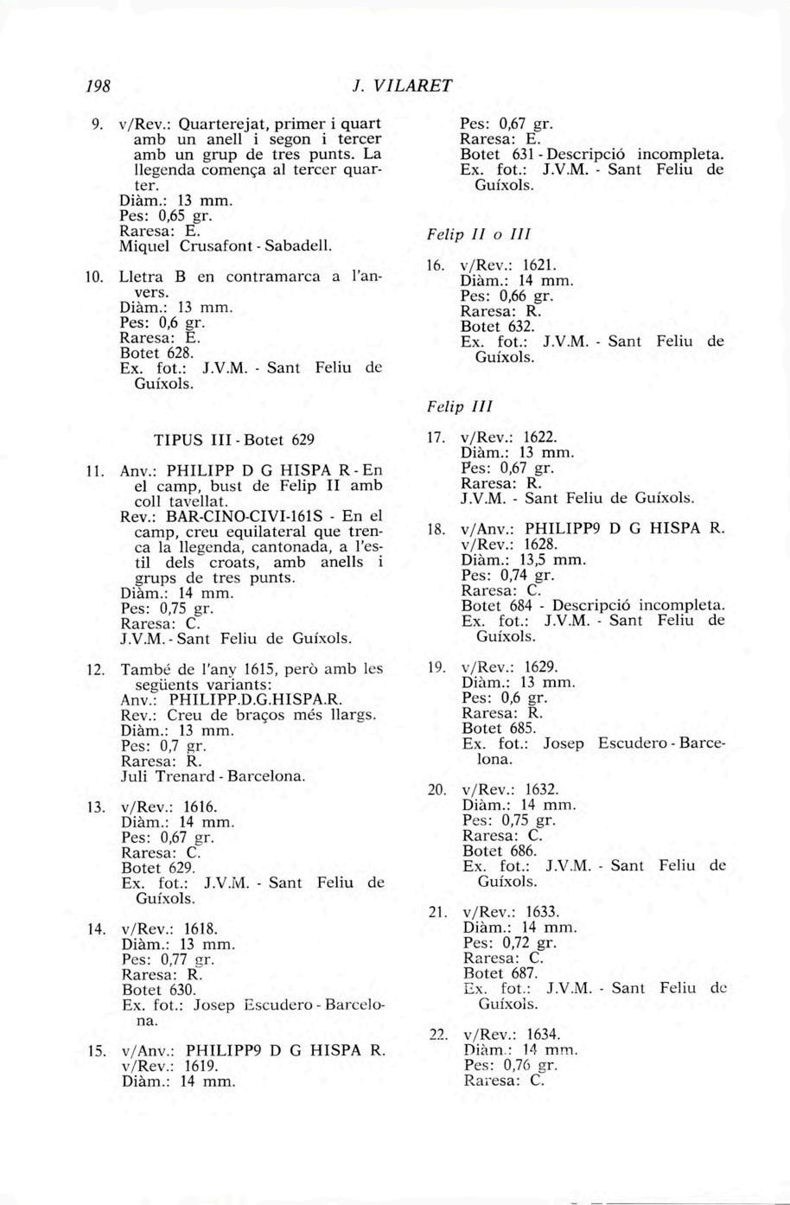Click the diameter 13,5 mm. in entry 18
click(525, 559)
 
